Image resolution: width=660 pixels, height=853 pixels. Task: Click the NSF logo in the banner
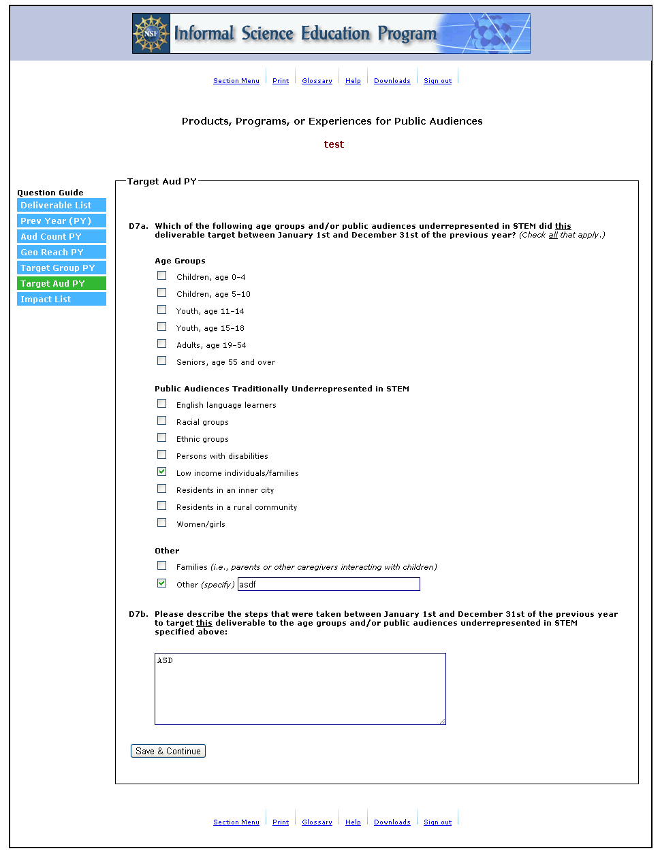[151, 33]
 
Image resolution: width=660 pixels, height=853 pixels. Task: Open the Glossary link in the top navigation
[317, 81]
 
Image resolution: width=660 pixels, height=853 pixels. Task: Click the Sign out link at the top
[437, 81]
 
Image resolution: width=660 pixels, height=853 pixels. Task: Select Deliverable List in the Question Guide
[61, 206]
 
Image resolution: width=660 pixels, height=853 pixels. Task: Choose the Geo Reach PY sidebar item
[61, 253]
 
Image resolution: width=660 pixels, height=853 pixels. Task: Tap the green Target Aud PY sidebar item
[61, 284]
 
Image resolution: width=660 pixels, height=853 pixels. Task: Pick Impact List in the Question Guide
[61, 300]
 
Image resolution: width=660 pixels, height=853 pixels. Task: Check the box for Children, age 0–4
[162, 276]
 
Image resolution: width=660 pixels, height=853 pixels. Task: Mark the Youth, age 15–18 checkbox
[162, 327]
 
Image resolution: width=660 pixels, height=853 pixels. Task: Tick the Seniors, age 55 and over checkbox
[162, 361]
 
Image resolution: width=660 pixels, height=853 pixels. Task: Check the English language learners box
[162, 404]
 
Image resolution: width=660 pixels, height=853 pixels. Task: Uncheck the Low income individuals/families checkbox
[162, 472]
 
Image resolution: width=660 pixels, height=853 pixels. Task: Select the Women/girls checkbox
[162, 523]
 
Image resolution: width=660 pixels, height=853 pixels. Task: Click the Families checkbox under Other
[162, 566]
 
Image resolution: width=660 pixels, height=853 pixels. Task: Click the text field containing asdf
[328, 584]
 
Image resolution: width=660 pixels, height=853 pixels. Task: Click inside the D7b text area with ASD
[300, 689]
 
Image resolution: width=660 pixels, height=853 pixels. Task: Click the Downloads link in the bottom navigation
[392, 822]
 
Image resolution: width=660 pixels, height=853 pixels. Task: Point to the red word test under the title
[334, 144]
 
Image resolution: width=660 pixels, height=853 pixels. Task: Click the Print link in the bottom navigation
[281, 822]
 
